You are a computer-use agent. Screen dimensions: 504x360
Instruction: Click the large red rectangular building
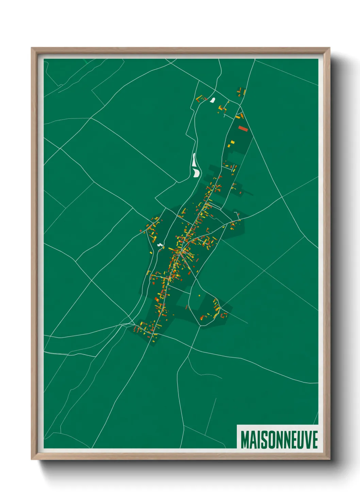243,128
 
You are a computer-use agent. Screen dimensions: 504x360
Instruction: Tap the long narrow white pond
194,160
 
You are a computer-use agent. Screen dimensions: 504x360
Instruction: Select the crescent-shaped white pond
196,173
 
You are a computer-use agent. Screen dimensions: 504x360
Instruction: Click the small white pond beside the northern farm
213,100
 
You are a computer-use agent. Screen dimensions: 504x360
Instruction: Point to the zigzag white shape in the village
160,244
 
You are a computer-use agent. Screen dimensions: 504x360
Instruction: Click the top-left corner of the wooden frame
32,48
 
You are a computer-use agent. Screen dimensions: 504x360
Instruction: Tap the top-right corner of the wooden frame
329,48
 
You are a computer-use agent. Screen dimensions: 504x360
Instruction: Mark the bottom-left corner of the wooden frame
32,459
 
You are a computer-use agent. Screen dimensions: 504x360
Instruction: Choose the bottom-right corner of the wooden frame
329,459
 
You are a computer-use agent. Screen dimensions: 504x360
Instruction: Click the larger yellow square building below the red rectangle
233,142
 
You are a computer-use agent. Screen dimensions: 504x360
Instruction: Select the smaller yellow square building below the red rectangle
229,146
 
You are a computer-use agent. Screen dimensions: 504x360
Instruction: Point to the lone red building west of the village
141,231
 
